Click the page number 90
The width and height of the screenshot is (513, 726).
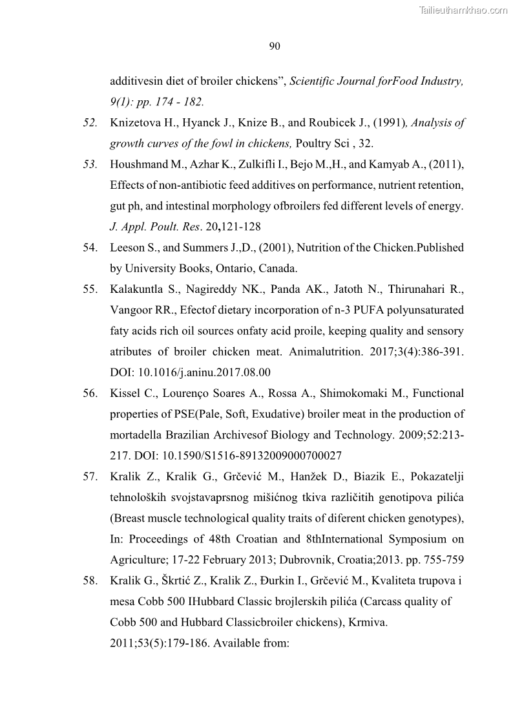click(x=274, y=46)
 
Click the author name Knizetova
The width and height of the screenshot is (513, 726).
click(x=132, y=123)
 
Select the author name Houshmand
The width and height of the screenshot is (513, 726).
click(x=137, y=164)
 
